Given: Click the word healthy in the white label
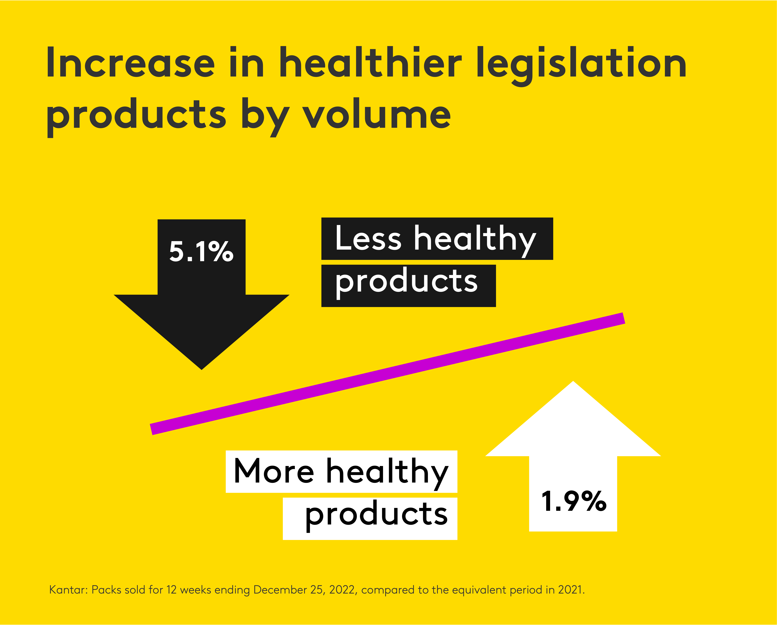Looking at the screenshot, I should point(387,472).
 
